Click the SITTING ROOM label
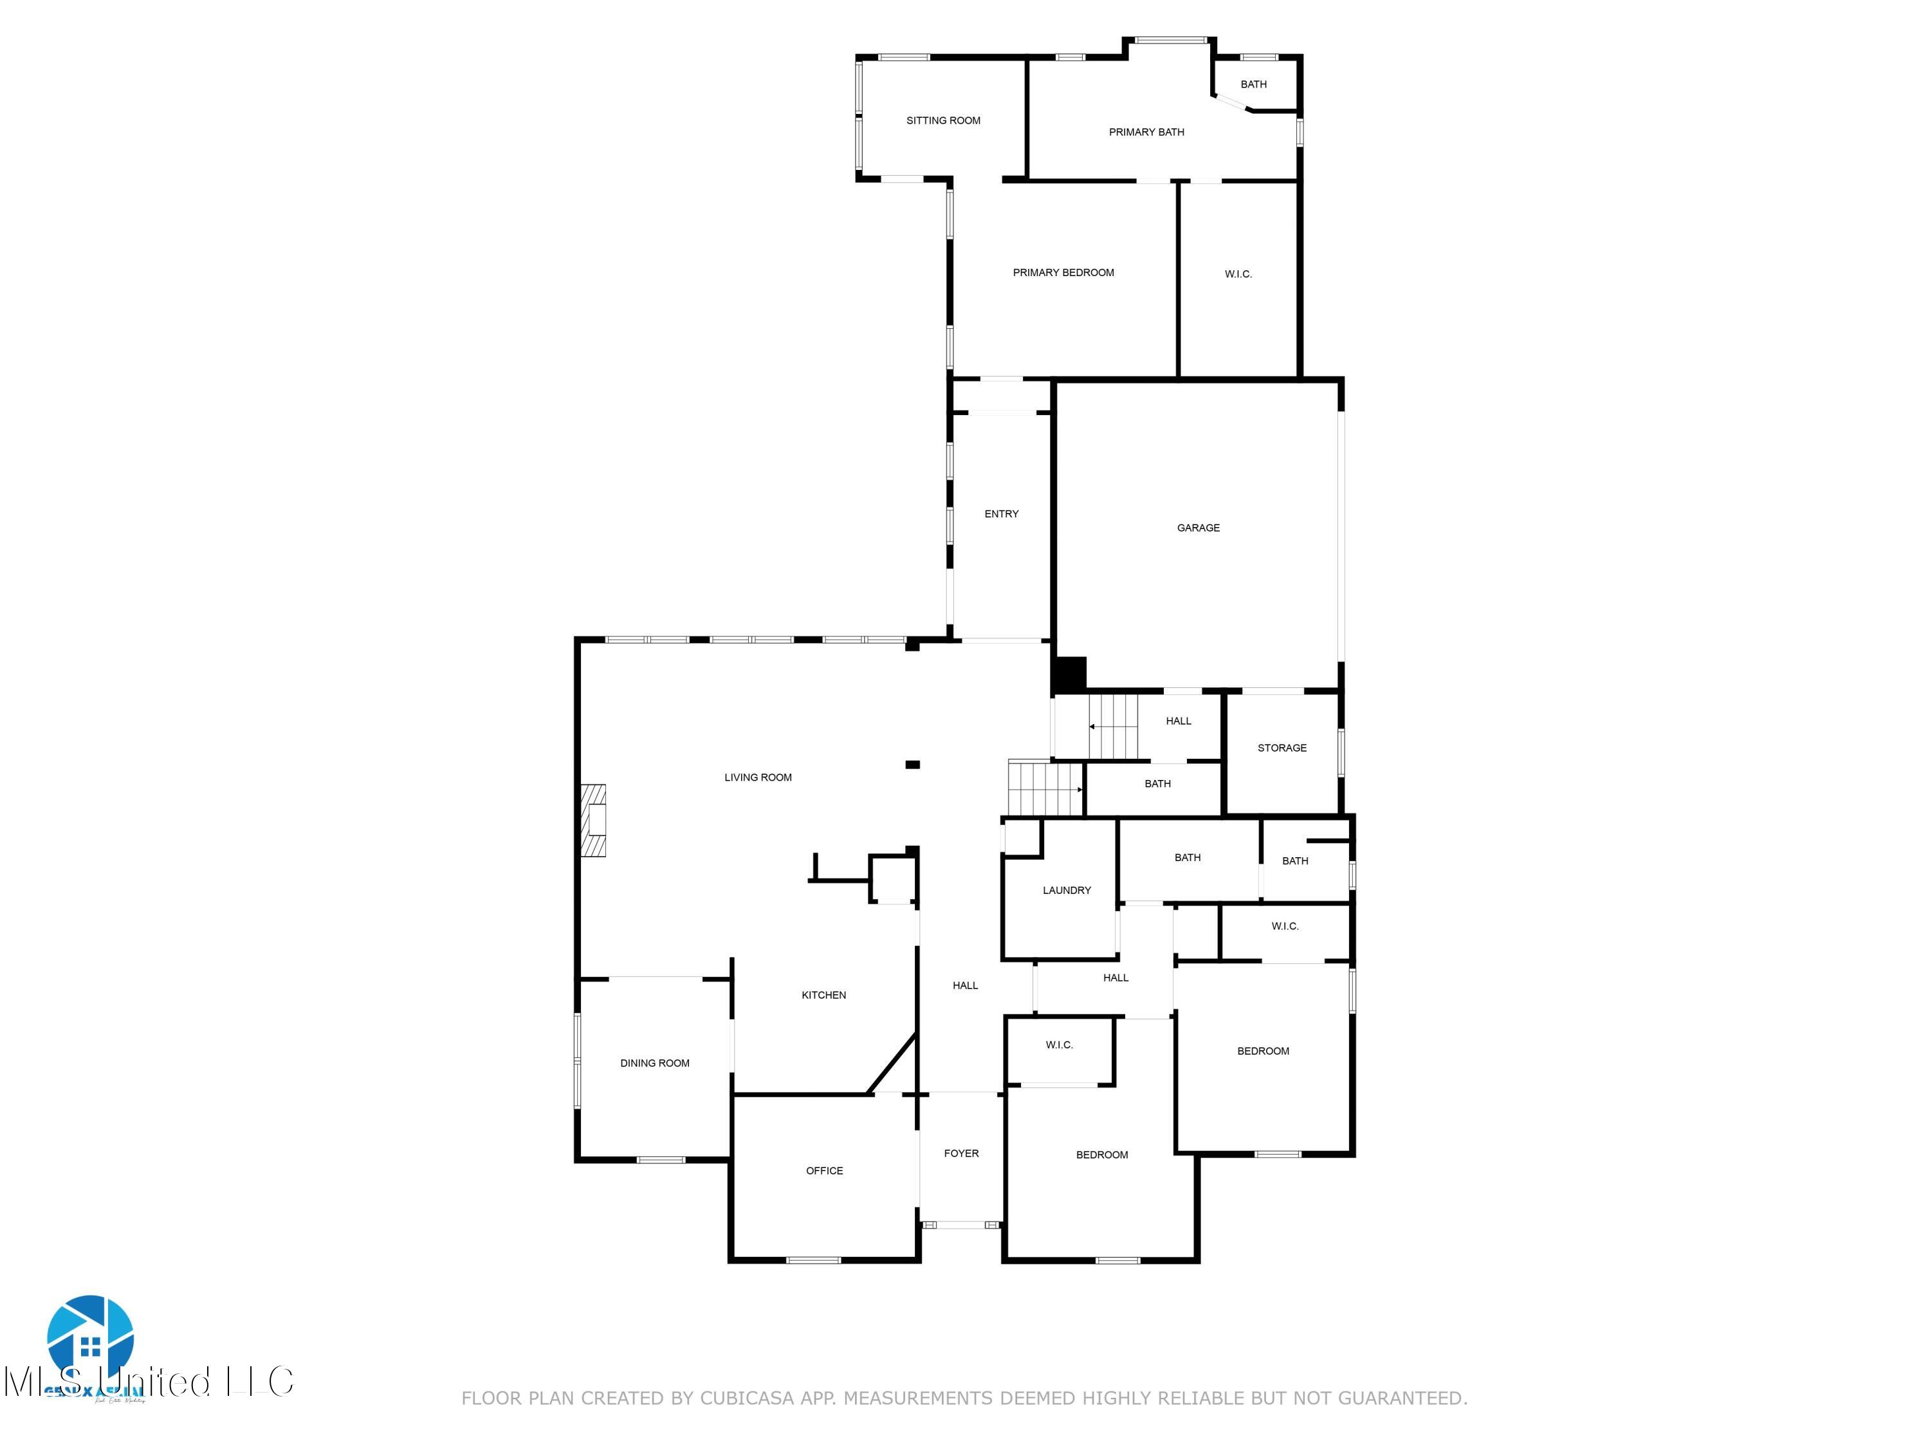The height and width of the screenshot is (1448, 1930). coord(943,120)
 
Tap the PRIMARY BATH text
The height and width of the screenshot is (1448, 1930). coord(1146,132)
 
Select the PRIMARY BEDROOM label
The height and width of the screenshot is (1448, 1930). coord(1063,272)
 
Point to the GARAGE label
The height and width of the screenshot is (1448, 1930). coord(1198,527)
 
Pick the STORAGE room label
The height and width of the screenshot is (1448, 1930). coord(1281,747)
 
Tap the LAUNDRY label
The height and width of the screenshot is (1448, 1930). coord(1066,889)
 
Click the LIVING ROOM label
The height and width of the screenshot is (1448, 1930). coord(757,777)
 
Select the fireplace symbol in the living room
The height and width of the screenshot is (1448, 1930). coord(594,821)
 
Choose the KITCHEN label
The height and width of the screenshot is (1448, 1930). coord(823,994)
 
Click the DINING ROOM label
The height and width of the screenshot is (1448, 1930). coord(654,1063)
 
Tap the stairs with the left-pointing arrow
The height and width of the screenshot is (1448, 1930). coord(1114,726)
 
